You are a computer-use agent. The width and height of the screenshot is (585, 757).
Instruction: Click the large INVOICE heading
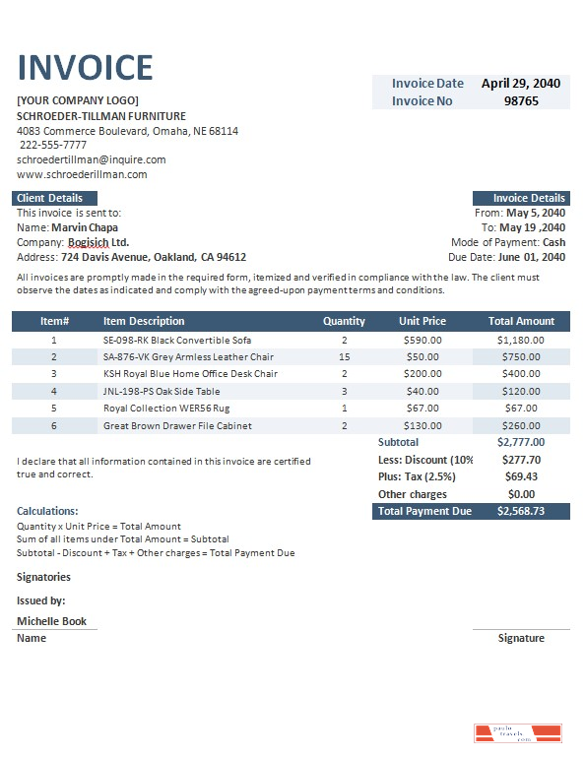click(86, 67)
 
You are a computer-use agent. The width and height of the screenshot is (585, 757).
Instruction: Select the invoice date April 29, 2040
click(520, 84)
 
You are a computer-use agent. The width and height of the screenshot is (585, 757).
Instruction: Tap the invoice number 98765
click(521, 100)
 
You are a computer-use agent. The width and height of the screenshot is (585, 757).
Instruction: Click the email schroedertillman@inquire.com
click(92, 159)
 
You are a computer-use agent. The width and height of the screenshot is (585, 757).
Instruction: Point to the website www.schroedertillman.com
click(82, 174)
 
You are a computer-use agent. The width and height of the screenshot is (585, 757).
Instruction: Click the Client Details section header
click(50, 198)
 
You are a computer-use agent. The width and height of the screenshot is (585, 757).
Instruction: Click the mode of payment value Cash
click(553, 242)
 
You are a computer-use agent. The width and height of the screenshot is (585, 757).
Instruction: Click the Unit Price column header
click(422, 321)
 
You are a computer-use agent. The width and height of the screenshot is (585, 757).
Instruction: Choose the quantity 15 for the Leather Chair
click(344, 356)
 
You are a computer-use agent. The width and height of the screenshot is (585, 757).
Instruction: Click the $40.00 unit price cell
click(422, 391)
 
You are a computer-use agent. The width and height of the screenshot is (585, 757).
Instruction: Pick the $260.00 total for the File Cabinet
click(521, 425)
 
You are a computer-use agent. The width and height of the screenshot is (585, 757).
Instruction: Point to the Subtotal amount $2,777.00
click(521, 442)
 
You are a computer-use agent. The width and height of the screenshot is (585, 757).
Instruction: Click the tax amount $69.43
click(521, 476)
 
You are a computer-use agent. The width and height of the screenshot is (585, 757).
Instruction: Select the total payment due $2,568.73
click(521, 512)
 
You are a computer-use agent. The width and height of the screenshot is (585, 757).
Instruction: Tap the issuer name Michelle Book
click(52, 621)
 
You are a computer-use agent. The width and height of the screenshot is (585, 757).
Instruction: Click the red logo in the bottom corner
click(517, 733)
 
